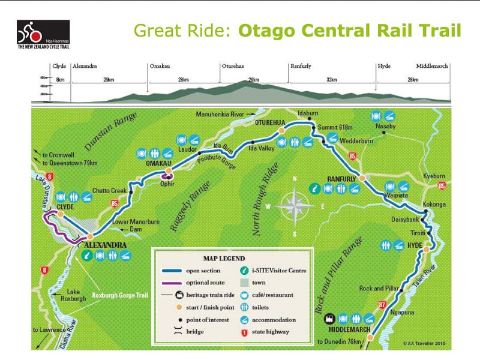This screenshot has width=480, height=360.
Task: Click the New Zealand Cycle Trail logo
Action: pyautogui.click(x=43, y=35)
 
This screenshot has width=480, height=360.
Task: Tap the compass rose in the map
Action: pyautogui.click(x=295, y=206)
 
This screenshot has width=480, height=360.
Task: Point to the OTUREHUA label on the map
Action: pyautogui.click(x=270, y=122)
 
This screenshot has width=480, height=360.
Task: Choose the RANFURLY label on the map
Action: pyautogui.click(x=342, y=179)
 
